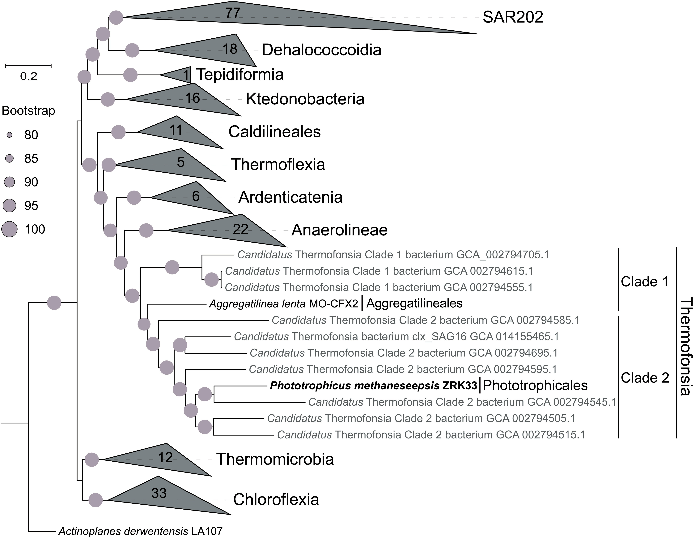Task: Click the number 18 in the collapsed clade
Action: (229, 49)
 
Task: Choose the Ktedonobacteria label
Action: (305, 99)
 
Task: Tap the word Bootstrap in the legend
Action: (28, 111)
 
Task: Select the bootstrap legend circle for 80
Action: (10, 135)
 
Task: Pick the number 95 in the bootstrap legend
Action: (31, 206)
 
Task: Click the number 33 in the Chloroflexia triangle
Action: (159, 493)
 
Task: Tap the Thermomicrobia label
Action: (275, 459)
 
